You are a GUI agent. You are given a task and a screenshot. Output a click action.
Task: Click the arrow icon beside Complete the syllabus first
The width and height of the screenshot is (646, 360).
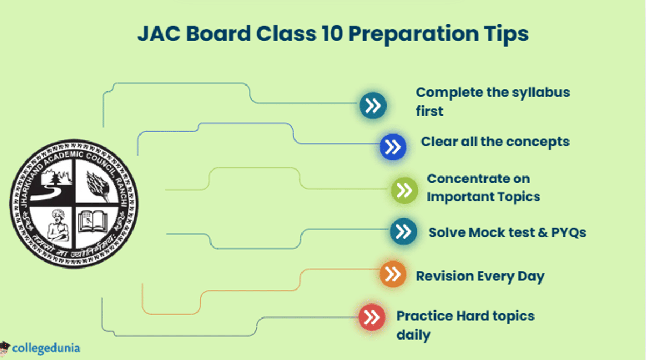373,105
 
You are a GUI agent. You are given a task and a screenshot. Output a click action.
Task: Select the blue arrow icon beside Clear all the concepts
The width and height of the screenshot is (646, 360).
393,147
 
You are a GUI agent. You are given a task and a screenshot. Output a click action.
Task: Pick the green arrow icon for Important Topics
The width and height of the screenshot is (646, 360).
404,190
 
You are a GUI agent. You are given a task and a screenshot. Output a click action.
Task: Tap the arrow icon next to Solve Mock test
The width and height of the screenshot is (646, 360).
403,232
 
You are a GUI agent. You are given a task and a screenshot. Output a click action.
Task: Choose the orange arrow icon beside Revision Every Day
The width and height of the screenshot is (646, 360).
393,274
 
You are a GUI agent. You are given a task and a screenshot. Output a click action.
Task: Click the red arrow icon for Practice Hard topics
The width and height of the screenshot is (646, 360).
372,317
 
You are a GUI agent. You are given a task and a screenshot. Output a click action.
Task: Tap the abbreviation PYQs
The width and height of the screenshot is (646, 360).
568,232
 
